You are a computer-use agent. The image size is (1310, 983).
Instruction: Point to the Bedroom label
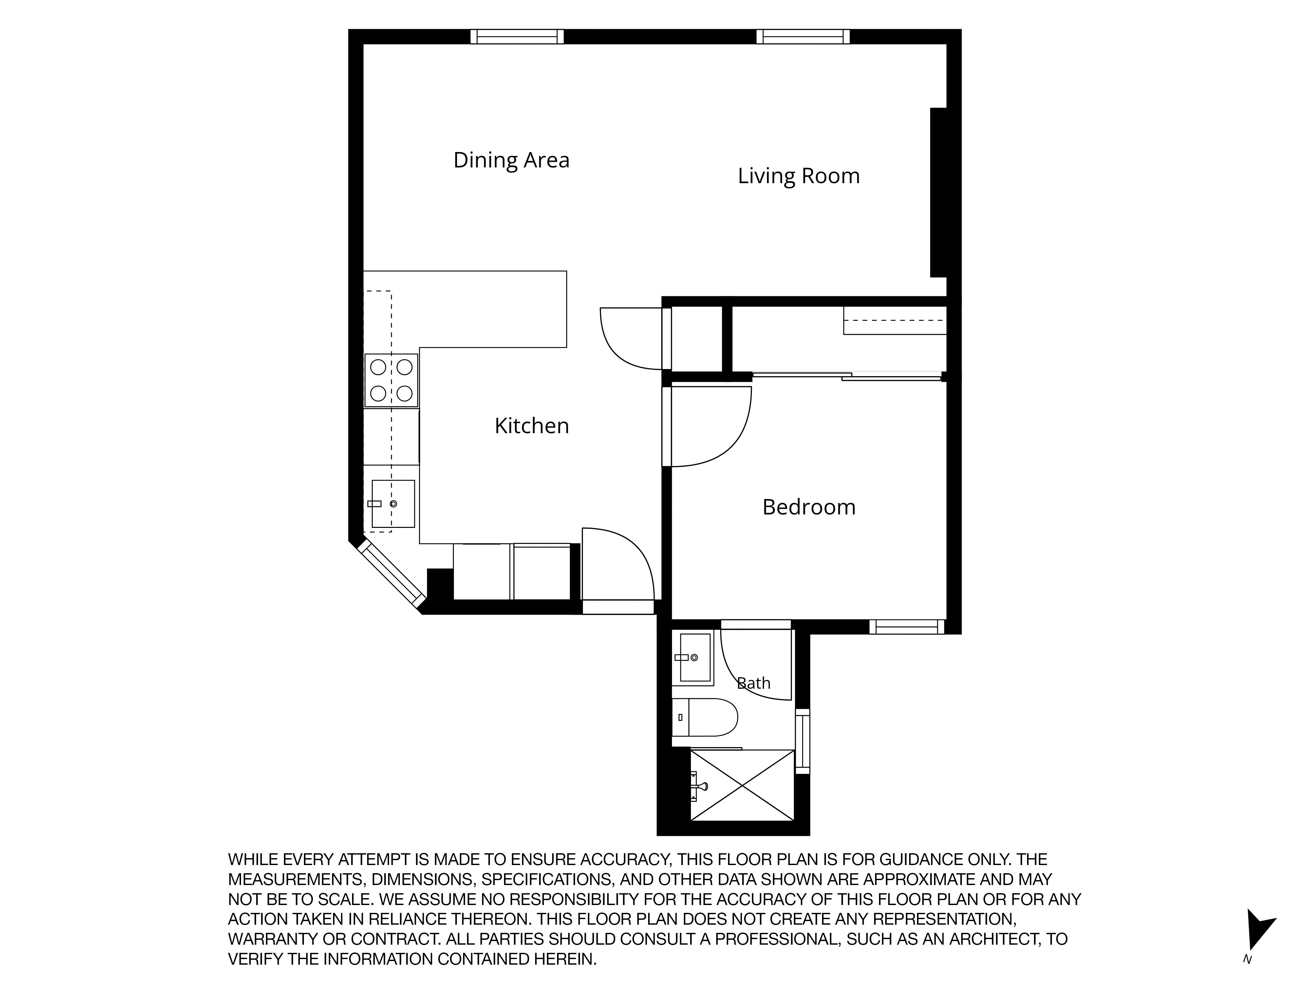pyautogui.click(x=809, y=507)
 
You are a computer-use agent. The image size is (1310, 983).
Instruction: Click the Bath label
pyautogui.click(x=753, y=683)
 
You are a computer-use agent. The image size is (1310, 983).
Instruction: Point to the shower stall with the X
pyautogui.click(x=742, y=786)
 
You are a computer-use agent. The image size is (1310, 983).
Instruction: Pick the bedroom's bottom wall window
pyautogui.click(x=907, y=627)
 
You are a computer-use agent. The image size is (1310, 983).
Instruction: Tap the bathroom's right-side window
pyautogui.click(x=802, y=741)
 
